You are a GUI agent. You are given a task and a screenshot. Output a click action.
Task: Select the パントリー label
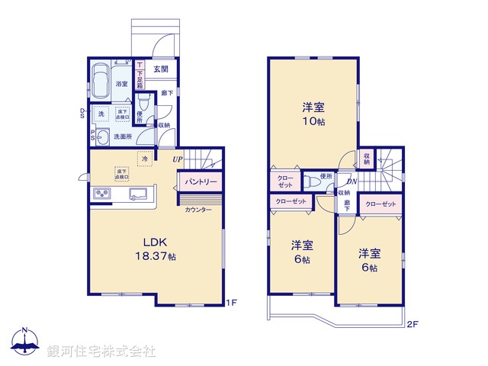pyautogui.click(x=201, y=183)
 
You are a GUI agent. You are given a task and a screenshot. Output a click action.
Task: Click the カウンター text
pyautogui.click(x=198, y=209)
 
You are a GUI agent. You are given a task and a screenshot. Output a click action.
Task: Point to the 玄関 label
pyautogui.click(x=161, y=69)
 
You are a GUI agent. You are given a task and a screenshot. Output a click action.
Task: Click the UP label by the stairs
pyautogui.click(x=176, y=159)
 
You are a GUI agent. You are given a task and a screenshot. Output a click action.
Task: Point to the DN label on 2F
pyautogui.click(x=352, y=181)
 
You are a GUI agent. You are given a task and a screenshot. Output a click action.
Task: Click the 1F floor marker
pyautogui.click(x=233, y=303)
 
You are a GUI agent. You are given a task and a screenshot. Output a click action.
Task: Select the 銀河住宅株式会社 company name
pyautogui.click(x=101, y=352)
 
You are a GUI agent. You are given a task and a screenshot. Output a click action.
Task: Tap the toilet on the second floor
pyautogui.click(x=311, y=182)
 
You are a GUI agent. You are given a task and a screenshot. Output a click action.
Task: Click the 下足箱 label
pyautogui.click(x=140, y=75)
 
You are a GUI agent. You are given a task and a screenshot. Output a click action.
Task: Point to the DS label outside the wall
pyautogui.click(x=83, y=114)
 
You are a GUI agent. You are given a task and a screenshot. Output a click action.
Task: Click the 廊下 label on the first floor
pyautogui.click(x=167, y=93)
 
